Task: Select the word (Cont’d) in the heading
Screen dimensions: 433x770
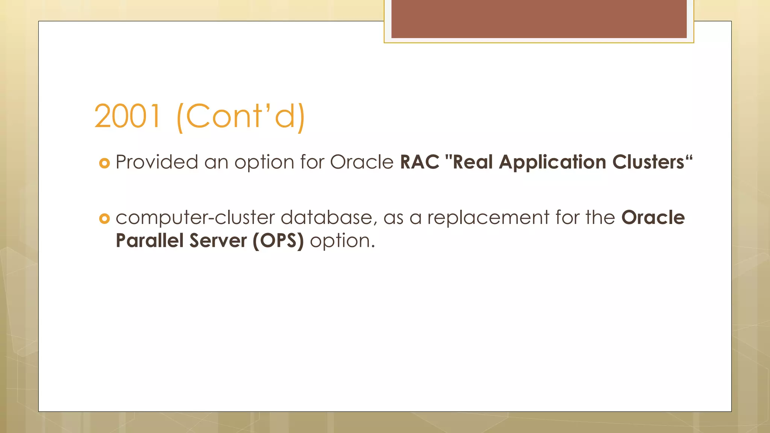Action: (x=241, y=117)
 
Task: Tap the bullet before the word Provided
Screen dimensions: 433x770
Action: (x=104, y=163)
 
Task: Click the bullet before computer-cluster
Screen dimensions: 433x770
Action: (x=104, y=218)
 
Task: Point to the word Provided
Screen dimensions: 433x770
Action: (x=156, y=162)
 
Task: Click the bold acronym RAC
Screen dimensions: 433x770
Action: (x=419, y=162)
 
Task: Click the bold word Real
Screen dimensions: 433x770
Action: (x=473, y=162)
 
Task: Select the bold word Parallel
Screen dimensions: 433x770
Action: (x=149, y=241)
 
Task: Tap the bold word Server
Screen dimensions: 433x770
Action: (x=218, y=241)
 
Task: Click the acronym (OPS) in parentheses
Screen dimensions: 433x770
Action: (x=278, y=241)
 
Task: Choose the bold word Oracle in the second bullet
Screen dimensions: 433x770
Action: (x=653, y=218)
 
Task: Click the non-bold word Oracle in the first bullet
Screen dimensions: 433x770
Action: (x=361, y=162)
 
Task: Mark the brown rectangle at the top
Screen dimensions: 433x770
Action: (x=539, y=19)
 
